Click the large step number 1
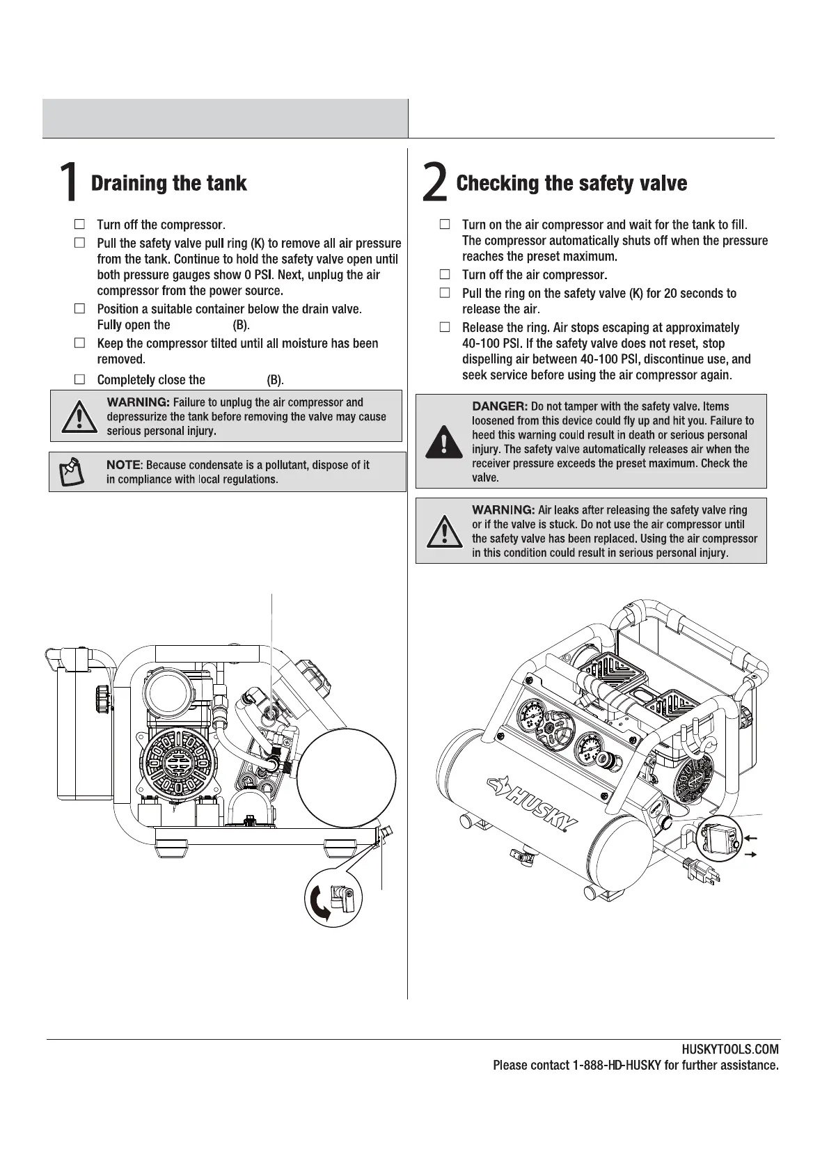(x=68, y=183)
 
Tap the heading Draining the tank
(x=169, y=184)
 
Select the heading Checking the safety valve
(x=571, y=184)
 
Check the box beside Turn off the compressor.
(x=80, y=225)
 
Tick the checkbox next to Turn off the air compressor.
(x=445, y=275)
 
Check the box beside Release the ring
(x=445, y=327)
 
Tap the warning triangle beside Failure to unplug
(x=79, y=417)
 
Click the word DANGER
(x=499, y=406)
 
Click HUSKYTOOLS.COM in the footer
(x=730, y=1050)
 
